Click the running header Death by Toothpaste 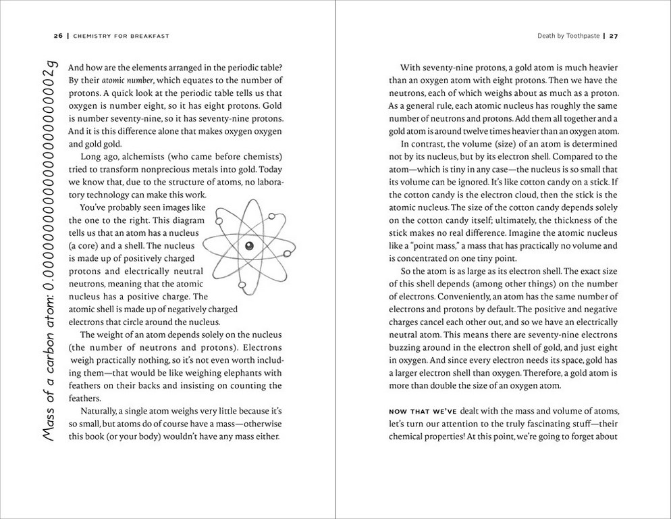(568, 36)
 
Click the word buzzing (407, 347)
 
